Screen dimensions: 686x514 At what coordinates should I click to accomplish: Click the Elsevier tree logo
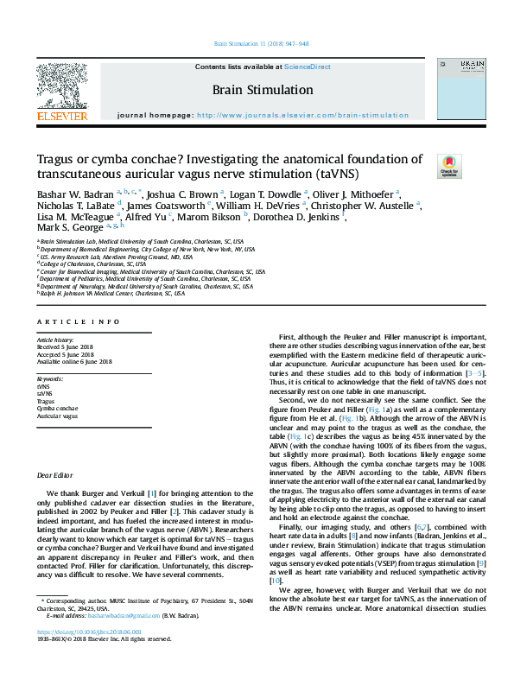[61, 86]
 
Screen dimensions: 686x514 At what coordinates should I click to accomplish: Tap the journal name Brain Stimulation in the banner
[263, 90]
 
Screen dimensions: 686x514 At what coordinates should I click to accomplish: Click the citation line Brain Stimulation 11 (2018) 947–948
[257, 43]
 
